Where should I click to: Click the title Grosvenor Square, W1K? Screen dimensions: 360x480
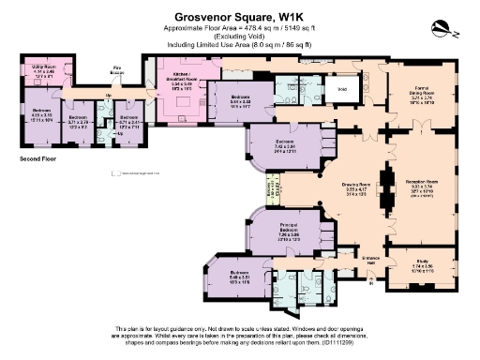tap(239, 16)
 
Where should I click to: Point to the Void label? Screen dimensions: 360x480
tap(342, 91)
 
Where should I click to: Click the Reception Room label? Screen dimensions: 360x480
tap(421, 180)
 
